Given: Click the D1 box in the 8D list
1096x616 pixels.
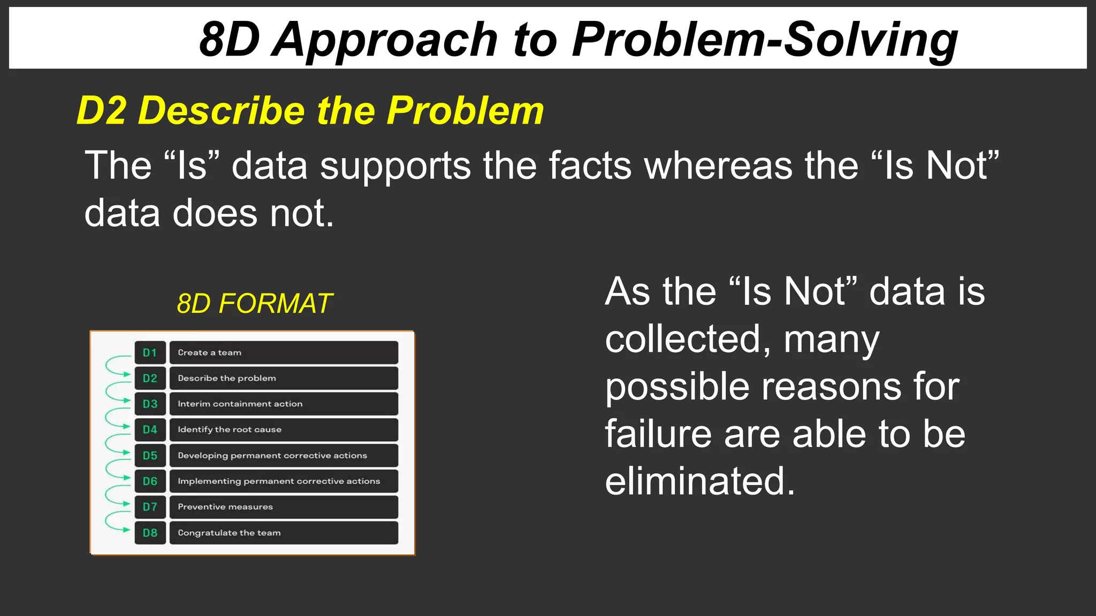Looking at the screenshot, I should pyautogui.click(x=150, y=353).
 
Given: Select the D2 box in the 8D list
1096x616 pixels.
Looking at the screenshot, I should pyautogui.click(x=150, y=379).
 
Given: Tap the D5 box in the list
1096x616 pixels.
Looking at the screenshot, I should pyautogui.click(x=150, y=456).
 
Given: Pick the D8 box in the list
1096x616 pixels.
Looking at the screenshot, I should pyautogui.click(x=150, y=533).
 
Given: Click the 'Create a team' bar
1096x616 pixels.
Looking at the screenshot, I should pyautogui.click(x=284, y=353).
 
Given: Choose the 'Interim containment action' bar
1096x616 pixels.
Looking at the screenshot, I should pyautogui.click(x=284, y=404).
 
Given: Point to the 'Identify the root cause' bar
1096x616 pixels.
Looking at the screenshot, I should pyautogui.click(x=284, y=430).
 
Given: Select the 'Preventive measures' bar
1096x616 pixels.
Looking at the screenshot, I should pyautogui.click(x=284, y=507).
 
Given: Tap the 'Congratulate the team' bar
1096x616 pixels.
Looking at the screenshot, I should pyautogui.click(x=284, y=533).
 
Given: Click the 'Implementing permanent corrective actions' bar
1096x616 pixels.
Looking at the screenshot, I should pyautogui.click(x=284, y=481).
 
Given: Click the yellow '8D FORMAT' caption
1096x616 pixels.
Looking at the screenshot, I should pyautogui.click(x=255, y=304).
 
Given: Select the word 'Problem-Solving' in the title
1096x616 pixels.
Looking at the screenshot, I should pyautogui.click(x=765, y=40).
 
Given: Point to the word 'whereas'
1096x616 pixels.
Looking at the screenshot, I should pyautogui.click(x=718, y=165).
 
